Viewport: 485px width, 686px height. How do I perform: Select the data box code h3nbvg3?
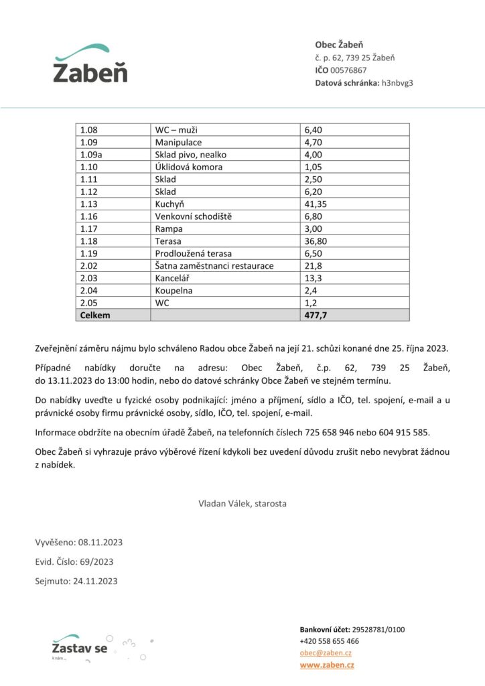pos(397,83)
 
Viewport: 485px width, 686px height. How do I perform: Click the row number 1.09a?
pos(94,154)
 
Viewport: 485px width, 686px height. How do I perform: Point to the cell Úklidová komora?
pos(189,167)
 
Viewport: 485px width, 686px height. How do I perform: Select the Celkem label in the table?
pos(95,314)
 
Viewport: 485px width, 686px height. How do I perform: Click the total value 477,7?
pos(316,314)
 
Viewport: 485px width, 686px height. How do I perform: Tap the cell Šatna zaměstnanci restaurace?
pos(214,265)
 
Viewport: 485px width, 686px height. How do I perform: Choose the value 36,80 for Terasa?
pos(316,241)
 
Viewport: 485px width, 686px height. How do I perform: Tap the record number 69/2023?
pos(96,561)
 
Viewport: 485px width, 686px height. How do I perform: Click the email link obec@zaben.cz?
pos(326,653)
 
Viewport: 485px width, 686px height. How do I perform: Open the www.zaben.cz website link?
pos(327,665)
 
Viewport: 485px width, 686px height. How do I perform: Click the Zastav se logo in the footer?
pos(79,647)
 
